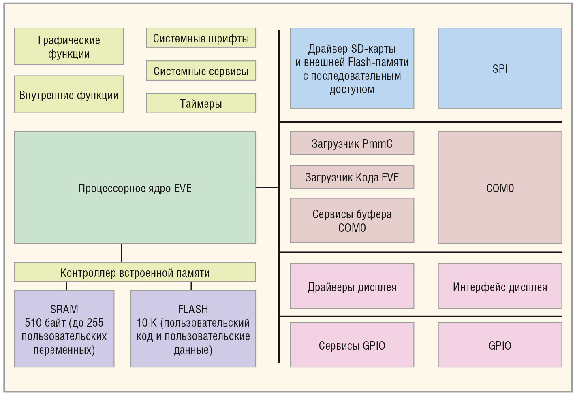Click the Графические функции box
click(69, 47)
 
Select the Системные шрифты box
click(201, 38)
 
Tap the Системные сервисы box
click(201, 71)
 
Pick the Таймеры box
click(201, 103)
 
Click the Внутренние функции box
click(69, 95)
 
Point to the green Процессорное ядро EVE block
click(135, 187)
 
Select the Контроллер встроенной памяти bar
click(135, 272)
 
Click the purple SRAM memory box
click(64, 329)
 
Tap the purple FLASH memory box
click(193, 329)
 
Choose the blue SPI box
click(500, 68)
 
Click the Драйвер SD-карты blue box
click(352, 68)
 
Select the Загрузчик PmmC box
click(352, 143)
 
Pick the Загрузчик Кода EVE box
click(352, 177)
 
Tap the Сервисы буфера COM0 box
click(352, 221)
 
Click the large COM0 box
click(500, 187)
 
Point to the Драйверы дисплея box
click(352, 287)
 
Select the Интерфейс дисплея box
click(500, 287)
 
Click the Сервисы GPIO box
click(352, 345)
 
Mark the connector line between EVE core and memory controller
click(122, 253)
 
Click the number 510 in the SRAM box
click(33, 323)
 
